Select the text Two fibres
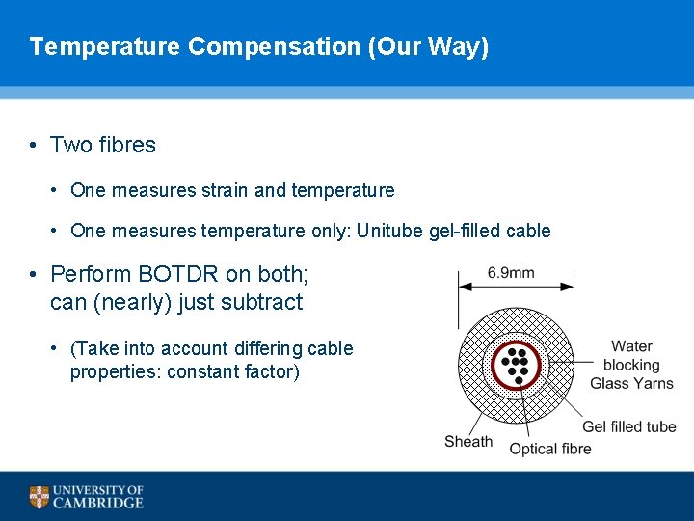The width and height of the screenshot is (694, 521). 102,145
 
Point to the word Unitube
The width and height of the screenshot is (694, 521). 389,231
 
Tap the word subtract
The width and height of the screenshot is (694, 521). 261,302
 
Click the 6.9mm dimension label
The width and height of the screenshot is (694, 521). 511,273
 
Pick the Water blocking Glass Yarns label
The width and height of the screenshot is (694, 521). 631,365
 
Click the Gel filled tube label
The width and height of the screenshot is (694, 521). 628,426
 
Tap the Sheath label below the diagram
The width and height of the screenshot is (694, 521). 468,442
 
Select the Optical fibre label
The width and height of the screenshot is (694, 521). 550,449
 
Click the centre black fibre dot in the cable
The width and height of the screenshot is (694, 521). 519,365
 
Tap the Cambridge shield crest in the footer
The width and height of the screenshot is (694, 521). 39,497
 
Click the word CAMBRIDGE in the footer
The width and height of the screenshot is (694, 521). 98,503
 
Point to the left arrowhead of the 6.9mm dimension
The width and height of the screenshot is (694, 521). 463,285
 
